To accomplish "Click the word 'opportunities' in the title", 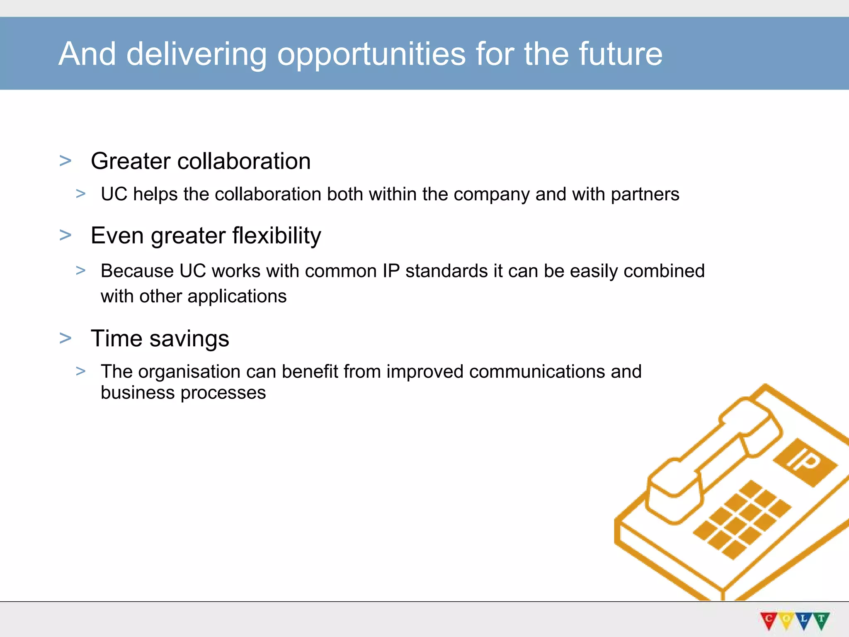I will click(x=371, y=55).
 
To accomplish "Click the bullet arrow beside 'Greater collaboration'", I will click(x=65, y=160).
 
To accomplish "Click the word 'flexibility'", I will click(x=277, y=236).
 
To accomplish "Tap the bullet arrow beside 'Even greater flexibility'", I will click(x=65, y=235).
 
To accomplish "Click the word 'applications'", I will click(x=237, y=297).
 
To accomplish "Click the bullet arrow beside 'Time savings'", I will click(x=65, y=338).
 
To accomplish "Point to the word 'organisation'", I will click(x=189, y=372).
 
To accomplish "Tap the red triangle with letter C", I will click(x=769, y=620).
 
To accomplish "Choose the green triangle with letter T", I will click(x=821, y=620).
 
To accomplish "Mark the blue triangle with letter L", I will click(x=803, y=620).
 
